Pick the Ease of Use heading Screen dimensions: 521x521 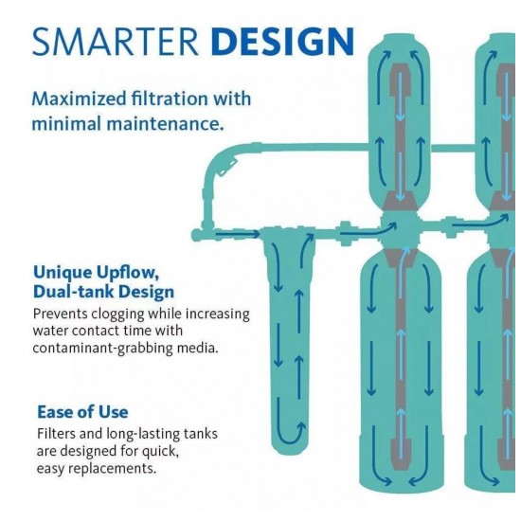click(82, 412)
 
